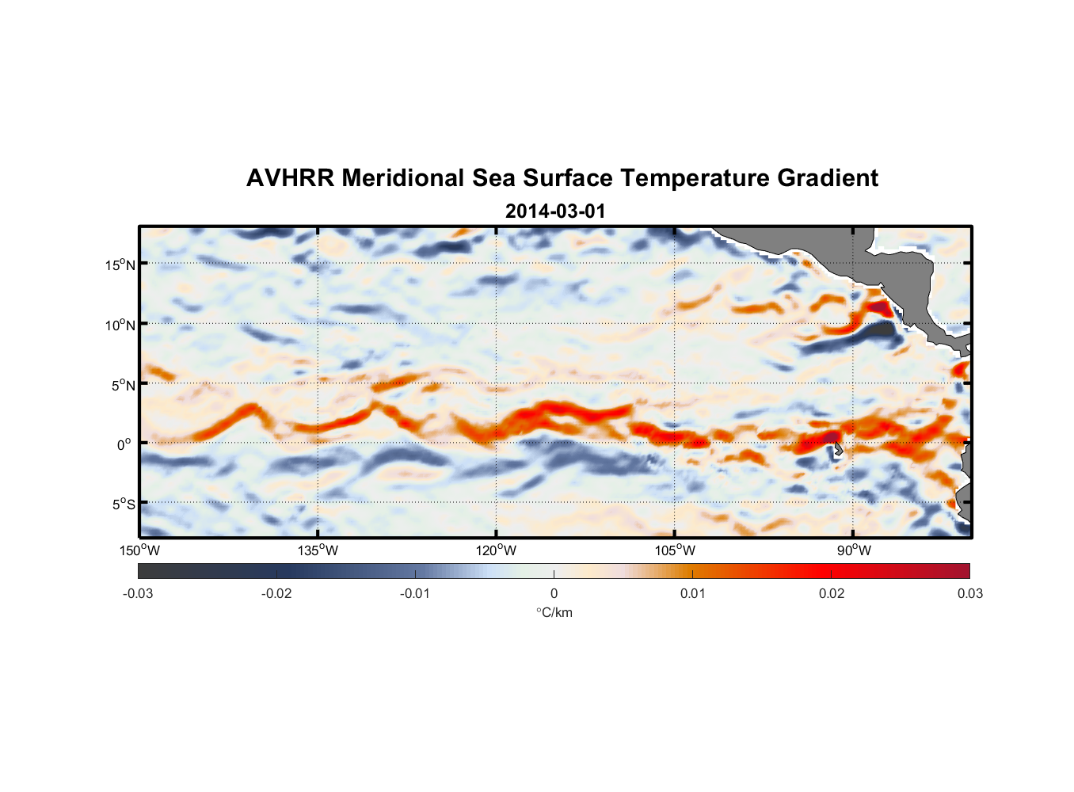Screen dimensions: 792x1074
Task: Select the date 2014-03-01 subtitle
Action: tap(554, 211)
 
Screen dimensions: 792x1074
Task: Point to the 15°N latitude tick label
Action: tap(120, 265)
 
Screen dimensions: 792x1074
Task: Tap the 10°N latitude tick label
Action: tap(120, 325)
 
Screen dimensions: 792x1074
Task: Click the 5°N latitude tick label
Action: tap(123, 385)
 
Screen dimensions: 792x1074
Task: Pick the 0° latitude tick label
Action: tap(124, 444)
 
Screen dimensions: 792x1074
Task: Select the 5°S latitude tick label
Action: tap(123, 505)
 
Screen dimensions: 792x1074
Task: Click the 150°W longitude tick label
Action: tap(139, 550)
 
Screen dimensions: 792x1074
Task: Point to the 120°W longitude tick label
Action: tap(496, 550)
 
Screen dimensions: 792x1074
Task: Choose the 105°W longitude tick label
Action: tap(675, 550)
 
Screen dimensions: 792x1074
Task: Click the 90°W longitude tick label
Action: tap(854, 550)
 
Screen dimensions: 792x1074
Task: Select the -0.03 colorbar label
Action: tap(138, 593)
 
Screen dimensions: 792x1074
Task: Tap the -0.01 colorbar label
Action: tap(415, 593)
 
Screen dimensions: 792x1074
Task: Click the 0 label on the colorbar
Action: tap(554, 593)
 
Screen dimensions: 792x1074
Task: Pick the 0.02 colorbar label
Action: tap(832, 593)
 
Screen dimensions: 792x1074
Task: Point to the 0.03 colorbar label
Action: tap(969, 593)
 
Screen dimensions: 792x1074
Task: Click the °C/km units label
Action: tap(554, 612)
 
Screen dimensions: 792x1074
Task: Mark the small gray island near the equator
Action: tap(837, 451)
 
